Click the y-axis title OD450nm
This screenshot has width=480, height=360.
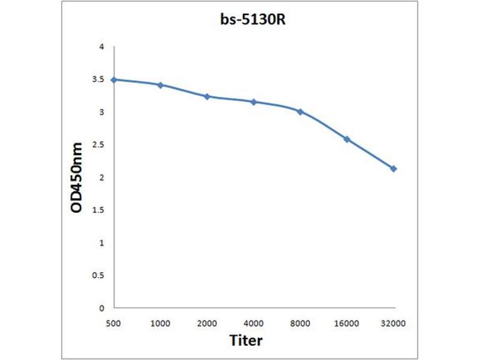(77, 178)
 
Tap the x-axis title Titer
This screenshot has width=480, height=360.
(246, 340)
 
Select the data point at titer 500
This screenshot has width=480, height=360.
(113, 79)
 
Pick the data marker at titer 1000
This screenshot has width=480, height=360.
(160, 85)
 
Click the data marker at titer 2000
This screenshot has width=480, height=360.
(207, 96)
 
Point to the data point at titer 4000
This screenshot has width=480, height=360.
(254, 102)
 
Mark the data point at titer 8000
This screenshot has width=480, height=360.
(300, 112)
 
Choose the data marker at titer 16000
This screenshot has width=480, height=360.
(347, 139)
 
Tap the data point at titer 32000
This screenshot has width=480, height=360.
(394, 169)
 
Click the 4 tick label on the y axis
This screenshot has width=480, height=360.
(101, 47)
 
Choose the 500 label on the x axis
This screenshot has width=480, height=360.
(113, 323)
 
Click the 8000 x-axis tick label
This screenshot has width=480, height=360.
(300, 323)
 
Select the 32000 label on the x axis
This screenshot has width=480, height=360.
(394, 323)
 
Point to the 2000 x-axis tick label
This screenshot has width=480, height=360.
(207, 323)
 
